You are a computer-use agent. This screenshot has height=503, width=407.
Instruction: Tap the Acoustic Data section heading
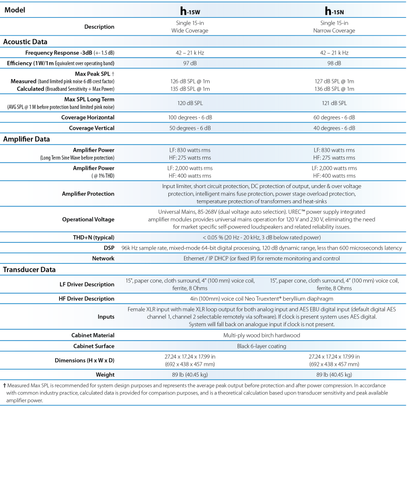26,42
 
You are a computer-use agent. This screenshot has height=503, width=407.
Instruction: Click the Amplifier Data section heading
27,139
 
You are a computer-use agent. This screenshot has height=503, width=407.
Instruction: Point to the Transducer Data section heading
29,269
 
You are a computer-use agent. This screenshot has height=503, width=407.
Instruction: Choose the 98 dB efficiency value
334,63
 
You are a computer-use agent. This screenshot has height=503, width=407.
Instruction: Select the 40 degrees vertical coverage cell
334,128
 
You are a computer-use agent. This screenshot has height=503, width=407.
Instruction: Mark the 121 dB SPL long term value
334,103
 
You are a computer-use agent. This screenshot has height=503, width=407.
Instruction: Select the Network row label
103,258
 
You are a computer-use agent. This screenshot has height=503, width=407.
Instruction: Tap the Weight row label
104,375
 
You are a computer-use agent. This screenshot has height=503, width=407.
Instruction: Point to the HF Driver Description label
87,299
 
